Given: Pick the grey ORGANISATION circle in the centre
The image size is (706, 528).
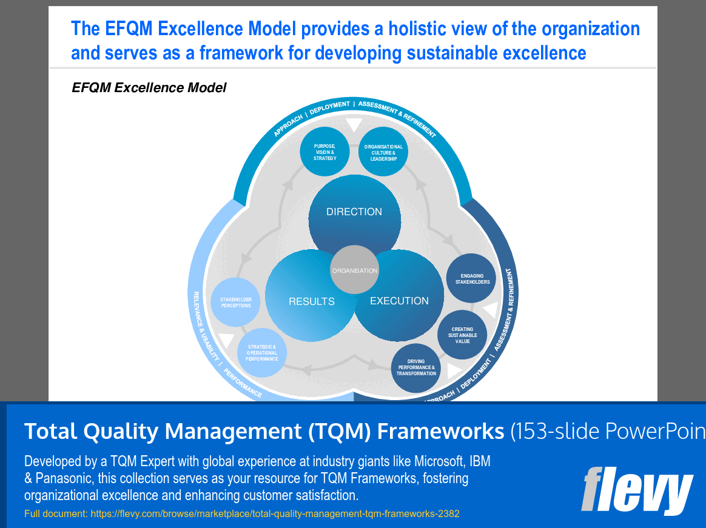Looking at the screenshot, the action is (355, 270).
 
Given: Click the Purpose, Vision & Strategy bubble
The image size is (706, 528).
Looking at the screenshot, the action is (324, 152).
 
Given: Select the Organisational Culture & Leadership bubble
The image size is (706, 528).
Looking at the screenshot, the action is (383, 152).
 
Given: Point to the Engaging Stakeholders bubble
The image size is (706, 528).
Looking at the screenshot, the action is (471, 278).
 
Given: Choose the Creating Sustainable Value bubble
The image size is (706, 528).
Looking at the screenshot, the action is (462, 335).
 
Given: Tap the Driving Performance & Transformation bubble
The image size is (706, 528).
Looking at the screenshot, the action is (416, 368).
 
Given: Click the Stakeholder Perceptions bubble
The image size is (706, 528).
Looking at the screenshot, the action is (235, 302).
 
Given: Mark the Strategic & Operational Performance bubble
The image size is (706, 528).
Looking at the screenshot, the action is (261, 352).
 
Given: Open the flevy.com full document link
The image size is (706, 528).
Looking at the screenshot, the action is (275, 513).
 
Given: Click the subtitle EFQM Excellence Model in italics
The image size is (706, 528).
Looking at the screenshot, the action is (149, 87).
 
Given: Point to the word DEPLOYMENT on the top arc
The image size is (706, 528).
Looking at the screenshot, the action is (329, 107).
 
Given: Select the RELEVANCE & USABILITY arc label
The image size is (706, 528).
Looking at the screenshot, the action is (205, 326).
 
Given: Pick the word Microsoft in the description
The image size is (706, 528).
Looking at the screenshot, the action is (439, 461).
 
